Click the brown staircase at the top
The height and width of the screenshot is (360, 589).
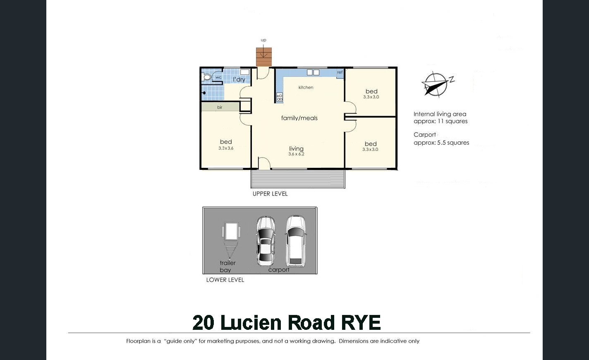tap(264, 57)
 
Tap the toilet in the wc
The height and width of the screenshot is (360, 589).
tap(206, 77)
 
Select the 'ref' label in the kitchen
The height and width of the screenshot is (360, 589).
tap(340, 72)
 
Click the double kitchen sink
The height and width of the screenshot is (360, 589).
tap(313, 72)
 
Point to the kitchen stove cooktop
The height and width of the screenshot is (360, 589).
tap(280, 98)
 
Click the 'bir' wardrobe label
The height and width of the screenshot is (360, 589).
tap(220, 107)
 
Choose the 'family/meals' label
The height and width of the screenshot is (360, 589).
tap(299, 118)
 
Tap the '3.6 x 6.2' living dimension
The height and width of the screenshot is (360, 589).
tap(296, 154)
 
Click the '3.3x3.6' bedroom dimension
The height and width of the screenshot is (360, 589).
tap(226, 148)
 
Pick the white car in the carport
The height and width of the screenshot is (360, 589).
tap(296, 241)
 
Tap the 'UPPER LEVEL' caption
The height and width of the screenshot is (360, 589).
tap(270, 194)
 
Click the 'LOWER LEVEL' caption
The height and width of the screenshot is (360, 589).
tap(225, 280)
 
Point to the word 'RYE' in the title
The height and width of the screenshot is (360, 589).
tap(361, 322)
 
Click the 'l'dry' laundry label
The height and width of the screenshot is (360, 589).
tap(239, 79)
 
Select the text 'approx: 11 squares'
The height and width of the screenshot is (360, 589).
tap(441, 121)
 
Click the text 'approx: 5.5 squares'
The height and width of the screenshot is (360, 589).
tap(441, 143)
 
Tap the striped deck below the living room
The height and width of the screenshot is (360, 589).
tap(298, 179)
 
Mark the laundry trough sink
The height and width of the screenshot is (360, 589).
tap(245, 72)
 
